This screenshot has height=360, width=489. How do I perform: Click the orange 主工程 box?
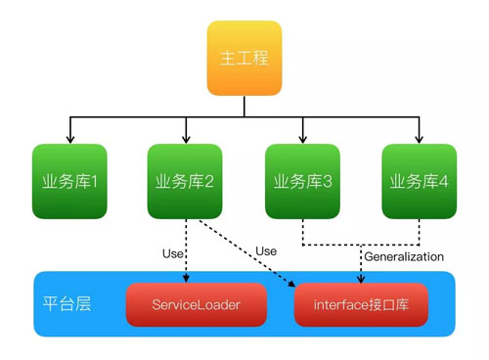pyautogui.click(x=244, y=57)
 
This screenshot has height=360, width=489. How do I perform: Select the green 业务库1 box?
pyautogui.click(x=68, y=181)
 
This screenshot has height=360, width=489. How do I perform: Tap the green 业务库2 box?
pyautogui.click(x=185, y=181)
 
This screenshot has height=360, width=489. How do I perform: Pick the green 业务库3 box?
pyautogui.click(x=303, y=181)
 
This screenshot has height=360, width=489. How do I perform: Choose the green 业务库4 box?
pyautogui.click(x=420, y=181)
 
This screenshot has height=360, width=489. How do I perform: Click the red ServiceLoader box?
pyautogui.click(x=196, y=305)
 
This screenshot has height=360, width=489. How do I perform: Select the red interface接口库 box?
pyautogui.click(x=361, y=305)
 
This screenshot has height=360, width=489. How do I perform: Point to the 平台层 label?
pyautogui.click(x=67, y=304)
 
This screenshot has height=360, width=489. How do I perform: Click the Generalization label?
pyautogui.click(x=404, y=256)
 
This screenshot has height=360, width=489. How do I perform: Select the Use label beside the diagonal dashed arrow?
pyautogui.click(x=266, y=251)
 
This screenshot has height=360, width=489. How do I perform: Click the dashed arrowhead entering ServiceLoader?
pyautogui.click(x=185, y=280)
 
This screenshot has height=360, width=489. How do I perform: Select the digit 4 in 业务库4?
pyautogui.click(x=445, y=182)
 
